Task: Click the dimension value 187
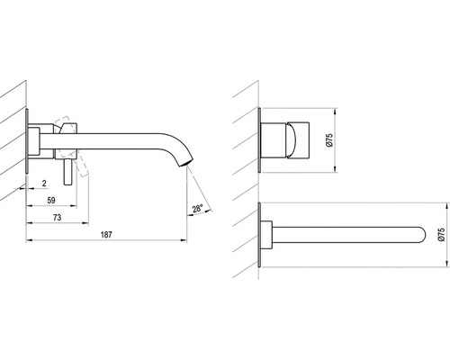(x=106, y=234)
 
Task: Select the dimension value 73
(x=57, y=217)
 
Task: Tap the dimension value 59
(x=51, y=200)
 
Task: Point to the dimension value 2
(x=44, y=183)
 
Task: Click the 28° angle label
(x=198, y=208)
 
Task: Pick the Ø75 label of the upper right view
(x=329, y=140)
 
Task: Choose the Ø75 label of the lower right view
(x=441, y=234)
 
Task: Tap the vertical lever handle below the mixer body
(x=67, y=172)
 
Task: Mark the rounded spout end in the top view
(x=422, y=234)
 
